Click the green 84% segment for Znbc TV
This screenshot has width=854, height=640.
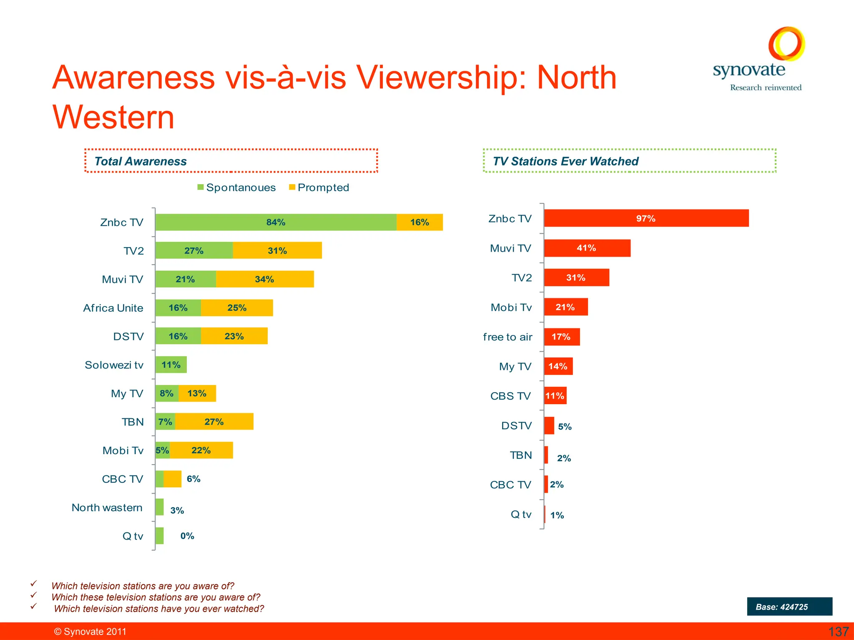276,222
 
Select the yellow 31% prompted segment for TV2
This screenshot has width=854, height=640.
277,250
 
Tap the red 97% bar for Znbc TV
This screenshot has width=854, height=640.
646,218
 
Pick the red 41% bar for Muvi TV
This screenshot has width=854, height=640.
587,248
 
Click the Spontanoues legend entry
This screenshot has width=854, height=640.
236,187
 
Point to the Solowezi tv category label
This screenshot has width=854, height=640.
114,365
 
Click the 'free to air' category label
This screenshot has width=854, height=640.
507,337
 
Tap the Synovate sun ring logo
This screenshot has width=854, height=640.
786,44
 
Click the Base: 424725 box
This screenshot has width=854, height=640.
789,607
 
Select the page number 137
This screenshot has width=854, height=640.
838,632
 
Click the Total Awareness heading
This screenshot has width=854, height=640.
141,161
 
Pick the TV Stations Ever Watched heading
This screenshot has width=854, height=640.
565,161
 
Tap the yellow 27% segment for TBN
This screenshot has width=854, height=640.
214,422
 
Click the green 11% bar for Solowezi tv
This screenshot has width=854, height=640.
171,365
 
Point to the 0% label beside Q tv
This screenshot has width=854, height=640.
187,536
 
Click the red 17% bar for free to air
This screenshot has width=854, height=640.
561,337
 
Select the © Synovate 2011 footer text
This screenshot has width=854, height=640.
90,632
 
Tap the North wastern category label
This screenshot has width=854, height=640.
107,507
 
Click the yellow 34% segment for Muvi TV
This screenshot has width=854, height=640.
264,279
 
